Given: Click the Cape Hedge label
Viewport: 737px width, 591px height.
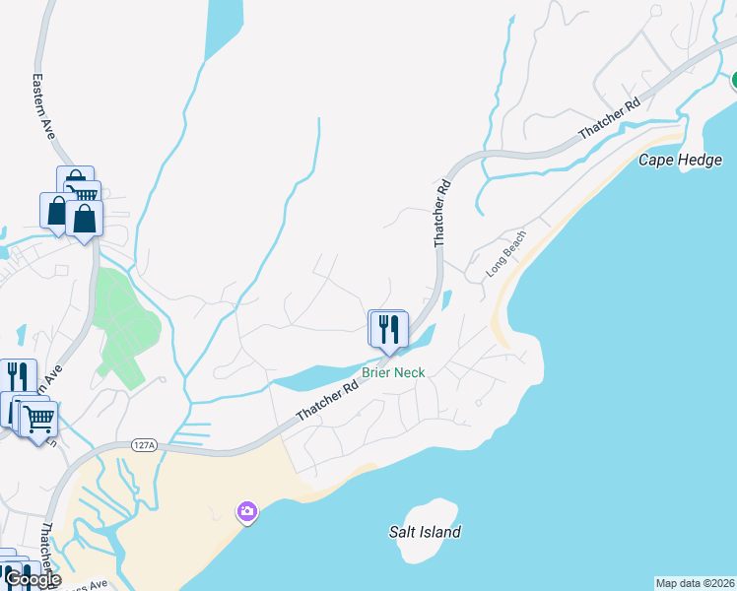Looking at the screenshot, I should click(x=681, y=160).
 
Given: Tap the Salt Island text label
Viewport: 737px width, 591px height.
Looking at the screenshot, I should click(x=425, y=532).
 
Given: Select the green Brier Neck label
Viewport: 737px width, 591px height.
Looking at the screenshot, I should click(x=393, y=372).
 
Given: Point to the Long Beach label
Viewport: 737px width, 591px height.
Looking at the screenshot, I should click(x=505, y=253).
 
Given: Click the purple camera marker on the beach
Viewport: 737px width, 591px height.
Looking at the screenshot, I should click(x=246, y=511).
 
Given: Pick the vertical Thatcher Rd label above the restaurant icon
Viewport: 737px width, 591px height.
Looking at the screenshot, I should click(x=442, y=212).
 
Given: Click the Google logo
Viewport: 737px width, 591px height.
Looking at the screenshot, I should click(x=32, y=579).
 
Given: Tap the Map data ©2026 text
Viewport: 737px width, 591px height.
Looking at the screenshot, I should click(x=695, y=583).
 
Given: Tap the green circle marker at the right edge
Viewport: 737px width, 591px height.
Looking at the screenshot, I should click(x=734, y=78).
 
